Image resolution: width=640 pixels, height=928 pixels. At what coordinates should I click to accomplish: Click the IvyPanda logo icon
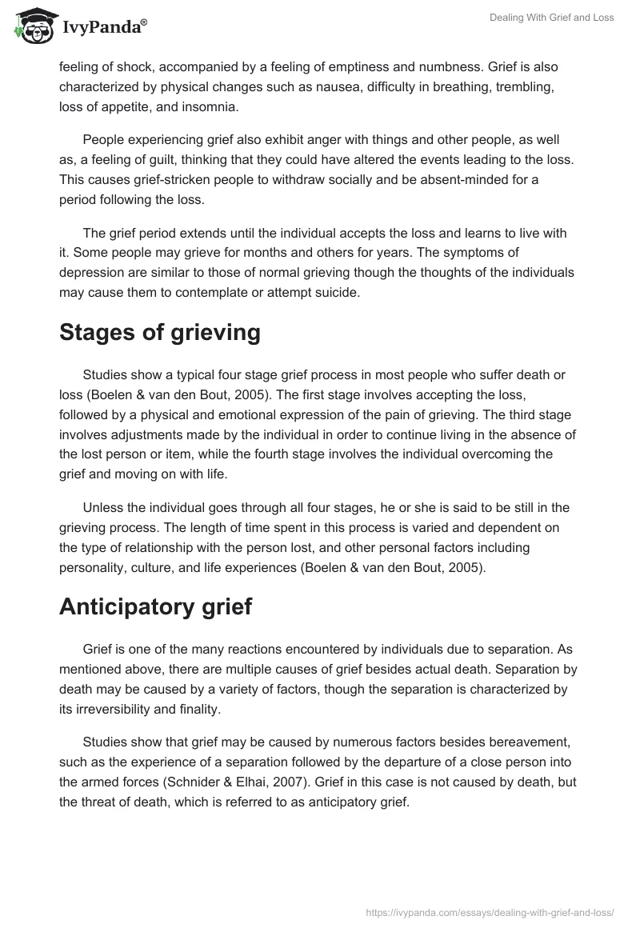click(33, 26)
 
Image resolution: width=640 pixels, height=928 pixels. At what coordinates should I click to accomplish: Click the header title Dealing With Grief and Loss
click(553, 18)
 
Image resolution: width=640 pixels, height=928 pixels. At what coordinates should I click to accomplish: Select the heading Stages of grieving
click(160, 332)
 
